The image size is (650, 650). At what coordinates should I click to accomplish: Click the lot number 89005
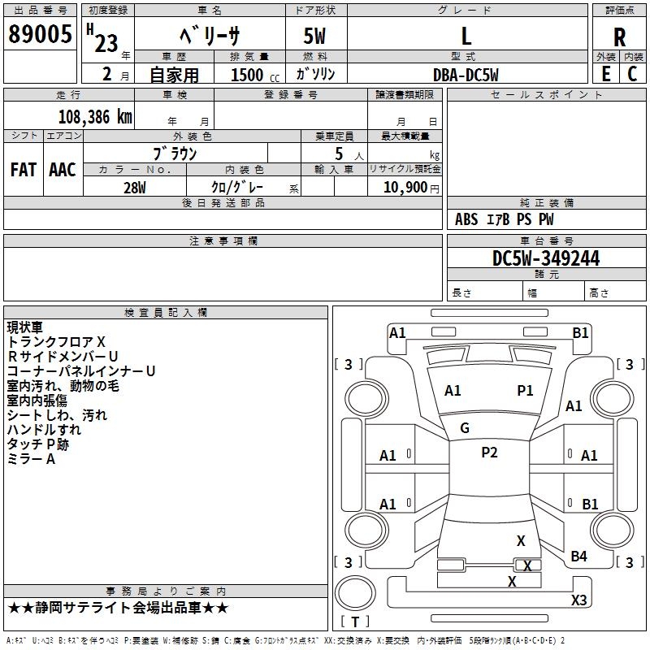(x=39, y=35)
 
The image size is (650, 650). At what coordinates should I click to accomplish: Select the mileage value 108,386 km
(x=95, y=117)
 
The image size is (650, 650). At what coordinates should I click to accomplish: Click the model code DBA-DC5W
(x=466, y=75)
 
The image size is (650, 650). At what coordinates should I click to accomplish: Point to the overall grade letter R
(x=619, y=37)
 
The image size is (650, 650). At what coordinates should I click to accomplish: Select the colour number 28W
(x=135, y=187)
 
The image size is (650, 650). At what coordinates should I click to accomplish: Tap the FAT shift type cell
(x=24, y=170)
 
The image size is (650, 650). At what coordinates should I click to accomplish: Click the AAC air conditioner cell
(x=63, y=170)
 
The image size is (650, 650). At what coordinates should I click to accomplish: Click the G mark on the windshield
(x=465, y=427)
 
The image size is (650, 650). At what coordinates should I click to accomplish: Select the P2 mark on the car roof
(x=489, y=453)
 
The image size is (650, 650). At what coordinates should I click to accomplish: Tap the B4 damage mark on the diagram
(x=578, y=556)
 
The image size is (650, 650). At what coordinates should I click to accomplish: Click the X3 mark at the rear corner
(x=578, y=600)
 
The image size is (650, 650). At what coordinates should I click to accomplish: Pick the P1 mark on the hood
(x=525, y=391)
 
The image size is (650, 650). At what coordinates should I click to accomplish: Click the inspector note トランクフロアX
(x=56, y=341)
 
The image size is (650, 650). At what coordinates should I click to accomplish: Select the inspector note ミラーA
(x=31, y=459)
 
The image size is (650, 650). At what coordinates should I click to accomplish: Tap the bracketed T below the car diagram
(x=355, y=622)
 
